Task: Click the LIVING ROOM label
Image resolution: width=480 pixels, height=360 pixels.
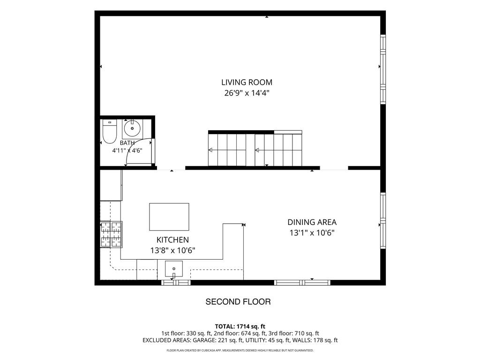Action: [247, 82]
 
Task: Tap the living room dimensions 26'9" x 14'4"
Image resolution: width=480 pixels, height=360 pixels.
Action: [247, 93]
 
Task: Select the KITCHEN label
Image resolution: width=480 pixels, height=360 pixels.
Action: [172, 240]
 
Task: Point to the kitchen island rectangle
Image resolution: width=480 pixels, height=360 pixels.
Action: [169, 217]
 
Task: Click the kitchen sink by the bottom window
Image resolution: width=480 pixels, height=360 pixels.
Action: [174, 269]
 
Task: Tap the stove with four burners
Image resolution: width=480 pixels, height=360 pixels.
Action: [111, 234]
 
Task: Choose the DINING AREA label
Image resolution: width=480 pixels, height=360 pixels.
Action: [312, 222]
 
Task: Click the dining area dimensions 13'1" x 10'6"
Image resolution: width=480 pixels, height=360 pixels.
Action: [312, 233]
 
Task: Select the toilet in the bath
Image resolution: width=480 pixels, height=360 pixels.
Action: [109, 132]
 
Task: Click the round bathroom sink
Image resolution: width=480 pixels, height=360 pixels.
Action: [132, 128]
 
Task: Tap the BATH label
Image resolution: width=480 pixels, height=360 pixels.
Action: [127, 142]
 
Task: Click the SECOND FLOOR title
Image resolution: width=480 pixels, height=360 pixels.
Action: [238, 302]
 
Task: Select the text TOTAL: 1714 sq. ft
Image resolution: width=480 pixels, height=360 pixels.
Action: [240, 326]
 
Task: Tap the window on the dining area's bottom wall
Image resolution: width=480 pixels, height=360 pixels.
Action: [302, 283]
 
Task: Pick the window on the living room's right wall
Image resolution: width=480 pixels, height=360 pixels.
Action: [383, 69]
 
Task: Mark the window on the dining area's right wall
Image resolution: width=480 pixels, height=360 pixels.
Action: [383, 220]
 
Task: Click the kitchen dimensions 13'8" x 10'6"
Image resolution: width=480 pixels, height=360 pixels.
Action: [172, 250]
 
